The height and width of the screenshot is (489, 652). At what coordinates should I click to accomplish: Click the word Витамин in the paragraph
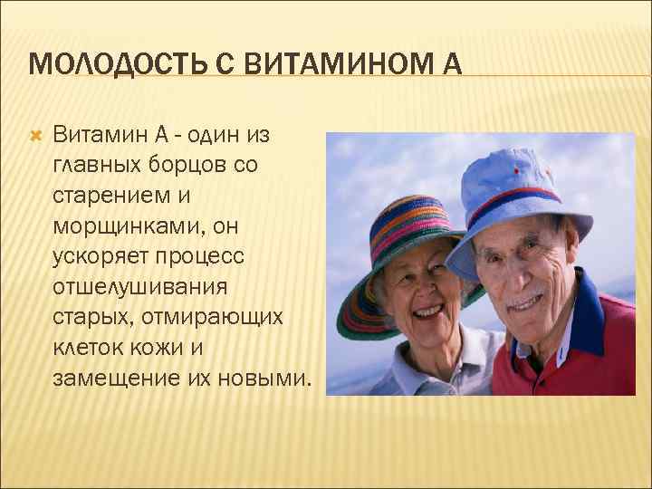pyautogui.click(x=99, y=136)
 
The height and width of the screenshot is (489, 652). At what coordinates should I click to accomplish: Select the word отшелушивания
pyautogui.click(x=142, y=286)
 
